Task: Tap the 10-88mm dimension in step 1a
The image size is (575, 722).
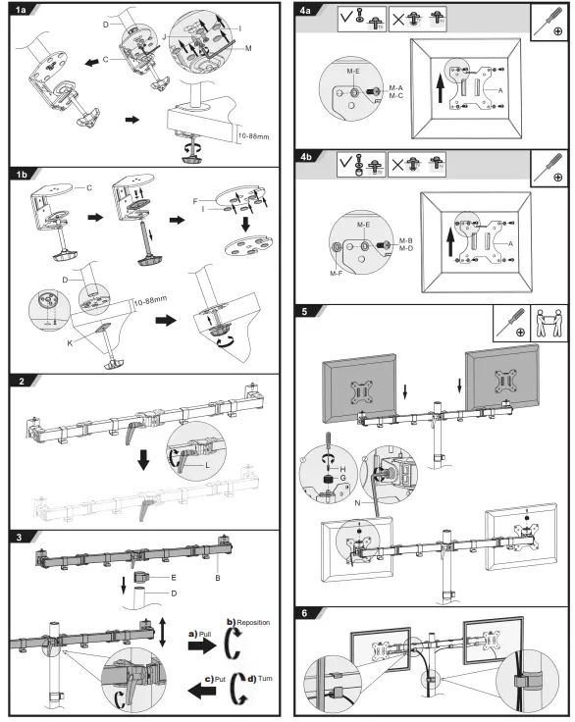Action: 256,134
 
